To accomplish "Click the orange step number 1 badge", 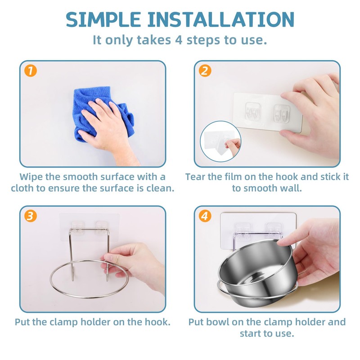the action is (31, 71).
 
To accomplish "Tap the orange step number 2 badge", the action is (205, 71).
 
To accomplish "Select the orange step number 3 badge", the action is (31, 216).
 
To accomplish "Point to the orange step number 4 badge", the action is (205, 216).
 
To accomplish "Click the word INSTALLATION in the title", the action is (220, 20).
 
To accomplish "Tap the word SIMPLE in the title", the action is (103, 20).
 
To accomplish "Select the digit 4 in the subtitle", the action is (178, 40).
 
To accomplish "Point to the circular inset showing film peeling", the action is (220, 141).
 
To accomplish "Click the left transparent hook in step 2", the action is (252, 111).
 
